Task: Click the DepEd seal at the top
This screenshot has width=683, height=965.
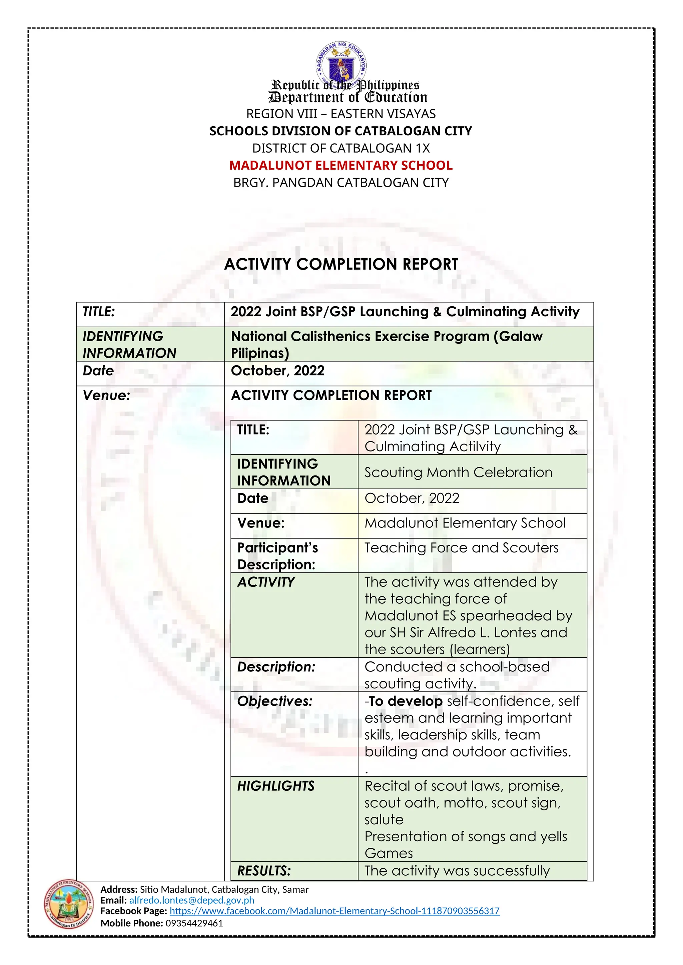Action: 341,63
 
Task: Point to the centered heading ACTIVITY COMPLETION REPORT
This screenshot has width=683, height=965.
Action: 341,264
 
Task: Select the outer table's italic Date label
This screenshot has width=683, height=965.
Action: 98,371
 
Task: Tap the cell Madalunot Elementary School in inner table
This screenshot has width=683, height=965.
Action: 465,523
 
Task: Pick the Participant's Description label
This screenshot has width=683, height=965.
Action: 277,555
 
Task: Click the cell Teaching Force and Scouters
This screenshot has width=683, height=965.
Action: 461,548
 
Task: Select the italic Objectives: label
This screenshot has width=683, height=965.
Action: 275,701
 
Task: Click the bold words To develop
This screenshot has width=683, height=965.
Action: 406,701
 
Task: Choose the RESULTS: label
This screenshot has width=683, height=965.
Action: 264,871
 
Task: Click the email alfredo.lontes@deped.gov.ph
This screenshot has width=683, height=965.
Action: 192,900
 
